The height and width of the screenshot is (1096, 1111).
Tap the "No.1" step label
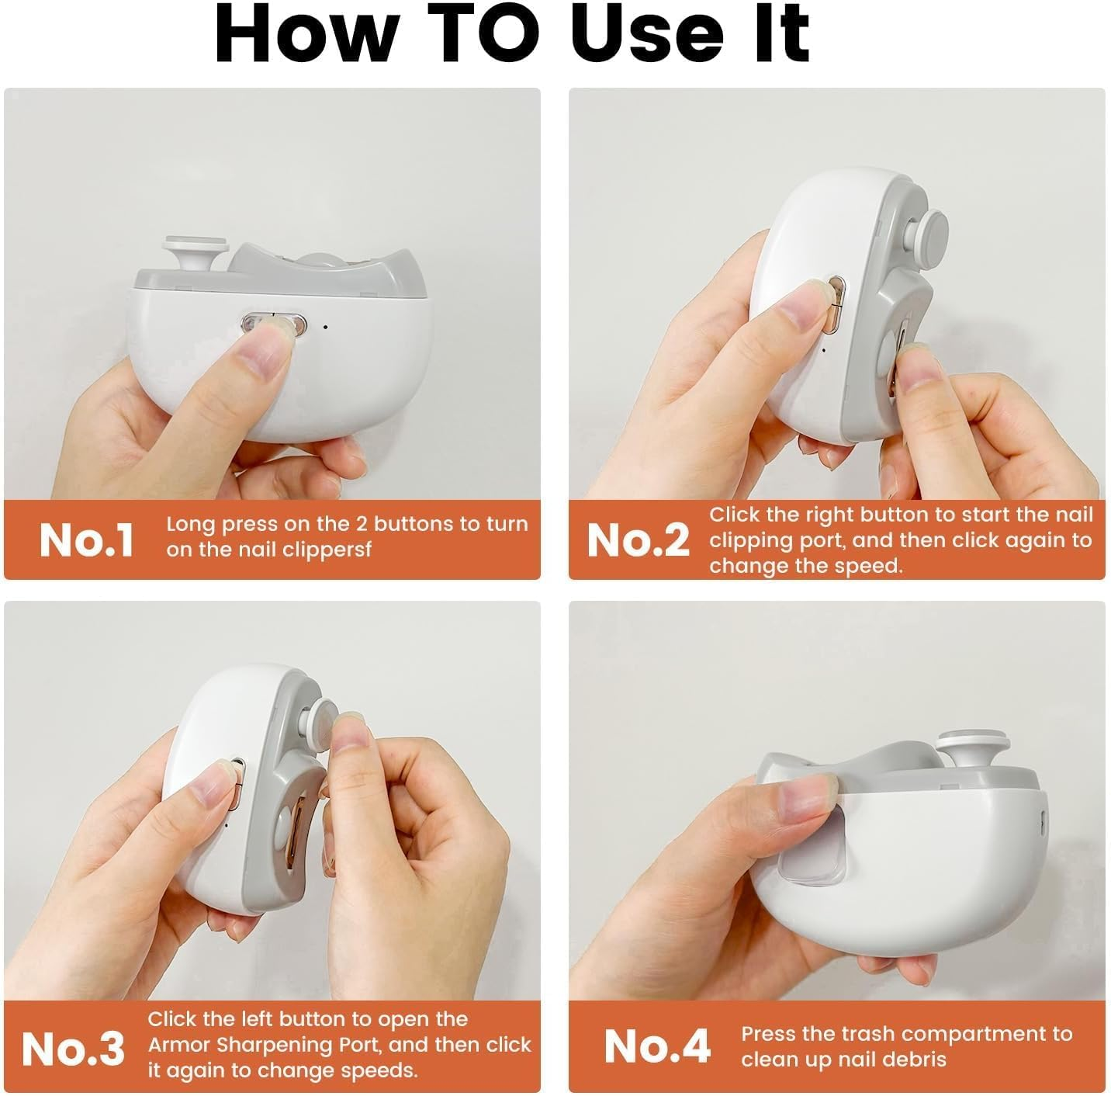[x=87, y=540]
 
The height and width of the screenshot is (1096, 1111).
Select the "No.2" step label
[x=638, y=540]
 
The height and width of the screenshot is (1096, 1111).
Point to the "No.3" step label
[x=73, y=1049]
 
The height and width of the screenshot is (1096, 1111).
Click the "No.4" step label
[x=657, y=1046]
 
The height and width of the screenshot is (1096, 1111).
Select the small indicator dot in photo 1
[x=325, y=327]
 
